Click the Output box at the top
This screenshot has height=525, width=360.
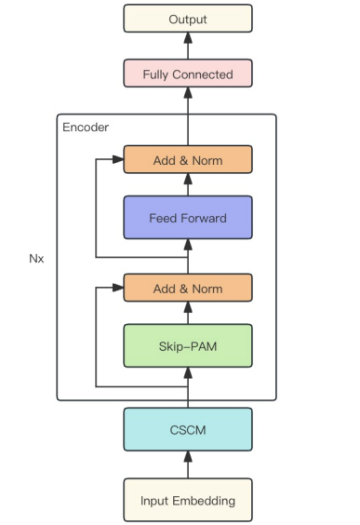(x=187, y=19)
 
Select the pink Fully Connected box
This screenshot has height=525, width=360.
(x=187, y=74)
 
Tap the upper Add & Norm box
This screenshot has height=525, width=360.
(x=187, y=160)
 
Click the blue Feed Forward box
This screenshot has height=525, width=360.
(x=187, y=218)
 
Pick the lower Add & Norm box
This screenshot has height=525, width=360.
(x=187, y=289)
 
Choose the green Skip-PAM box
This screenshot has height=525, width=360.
(x=187, y=345)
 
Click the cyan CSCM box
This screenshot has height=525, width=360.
(x=187, y=429)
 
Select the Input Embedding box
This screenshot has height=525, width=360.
(x=187, y=500)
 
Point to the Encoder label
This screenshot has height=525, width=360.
(x=86, y=127)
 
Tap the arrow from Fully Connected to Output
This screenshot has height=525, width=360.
(x=187, y=46)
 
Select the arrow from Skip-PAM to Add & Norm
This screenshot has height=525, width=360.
(x=187, y=314)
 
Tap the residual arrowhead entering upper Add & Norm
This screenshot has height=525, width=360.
(x=118, y=160)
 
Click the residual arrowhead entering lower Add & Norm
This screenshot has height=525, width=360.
(x=118, y=289)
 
